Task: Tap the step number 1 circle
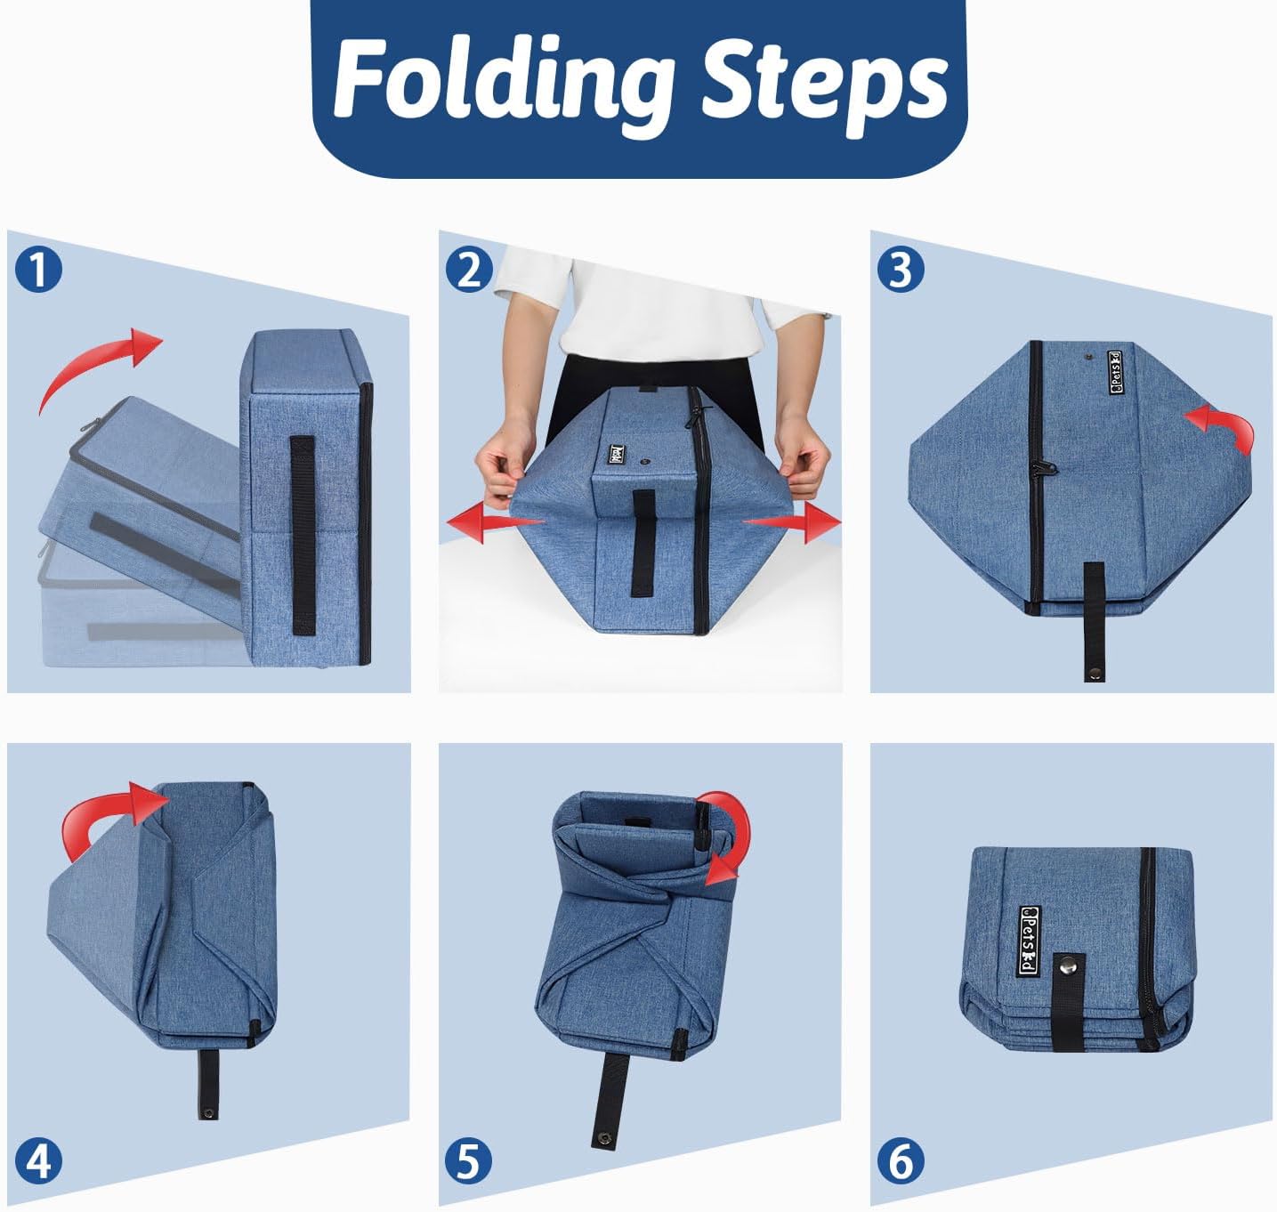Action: click(x=38, y=270)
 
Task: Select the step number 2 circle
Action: click(x=469, y=270)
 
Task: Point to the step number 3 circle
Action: click(x=901, y=270)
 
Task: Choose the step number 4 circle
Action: click(x=38, y=1161)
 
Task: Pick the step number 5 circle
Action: click(x=469, y=1161)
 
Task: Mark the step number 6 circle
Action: click(x=901, y=1161)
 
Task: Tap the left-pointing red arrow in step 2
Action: click(x=495, y=523)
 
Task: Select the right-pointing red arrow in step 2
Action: click(x=792, y=522)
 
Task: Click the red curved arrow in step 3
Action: click(x=1224, y=425)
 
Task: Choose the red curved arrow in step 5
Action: click(x=734, y=835)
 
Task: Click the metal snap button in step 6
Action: click(x=1066, y=985)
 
